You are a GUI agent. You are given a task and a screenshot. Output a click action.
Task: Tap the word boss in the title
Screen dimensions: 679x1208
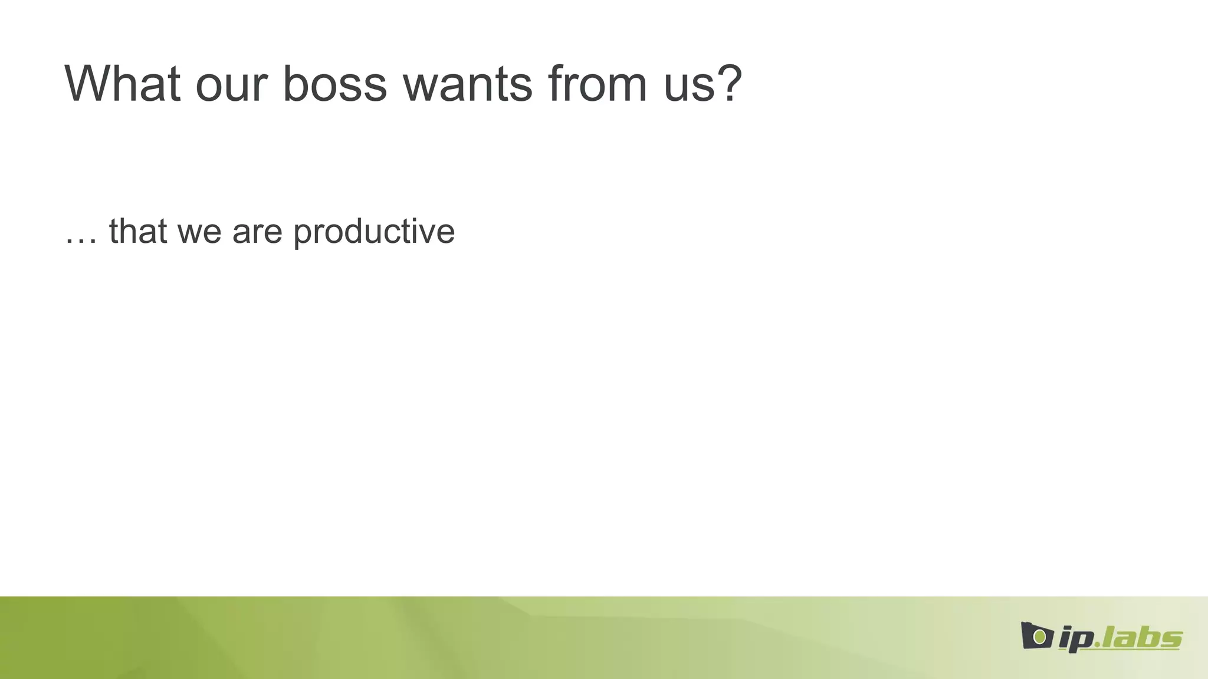(334, 84)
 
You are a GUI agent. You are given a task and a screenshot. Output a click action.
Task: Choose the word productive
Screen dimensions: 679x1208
(374, 232)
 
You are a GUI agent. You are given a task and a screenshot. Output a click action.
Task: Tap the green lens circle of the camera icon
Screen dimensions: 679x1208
(1040, 637)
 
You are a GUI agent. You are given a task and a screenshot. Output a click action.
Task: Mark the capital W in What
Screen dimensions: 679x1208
(88, 84)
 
